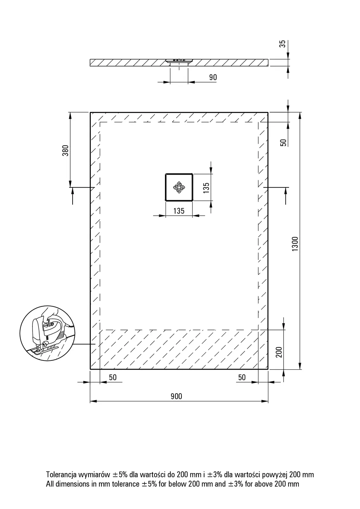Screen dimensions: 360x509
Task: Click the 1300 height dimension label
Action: click(x=295, y=244)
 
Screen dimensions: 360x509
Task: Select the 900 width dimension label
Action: click(x=176, y=396)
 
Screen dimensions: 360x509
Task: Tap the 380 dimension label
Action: click(x=66, y=150)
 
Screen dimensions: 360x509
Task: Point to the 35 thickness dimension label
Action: click(x=282, y=44)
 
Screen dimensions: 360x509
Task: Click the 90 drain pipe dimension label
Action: click(x=213, y=77)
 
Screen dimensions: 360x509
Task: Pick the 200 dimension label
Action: click(x=279, y=352)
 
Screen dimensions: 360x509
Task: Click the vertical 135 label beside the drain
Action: click(x=206, y=188)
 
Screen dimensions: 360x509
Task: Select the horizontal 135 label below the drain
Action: click(x=179, y=211)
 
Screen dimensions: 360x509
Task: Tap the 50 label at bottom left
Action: click(x=113, y=377)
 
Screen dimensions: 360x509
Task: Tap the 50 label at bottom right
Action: click(x=242, y=377)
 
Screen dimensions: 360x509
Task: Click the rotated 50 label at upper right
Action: click(x=284, y=143)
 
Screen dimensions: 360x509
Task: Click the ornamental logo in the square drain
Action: click(x=179, y=187)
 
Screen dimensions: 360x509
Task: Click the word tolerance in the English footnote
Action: click(x=125, y=484)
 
